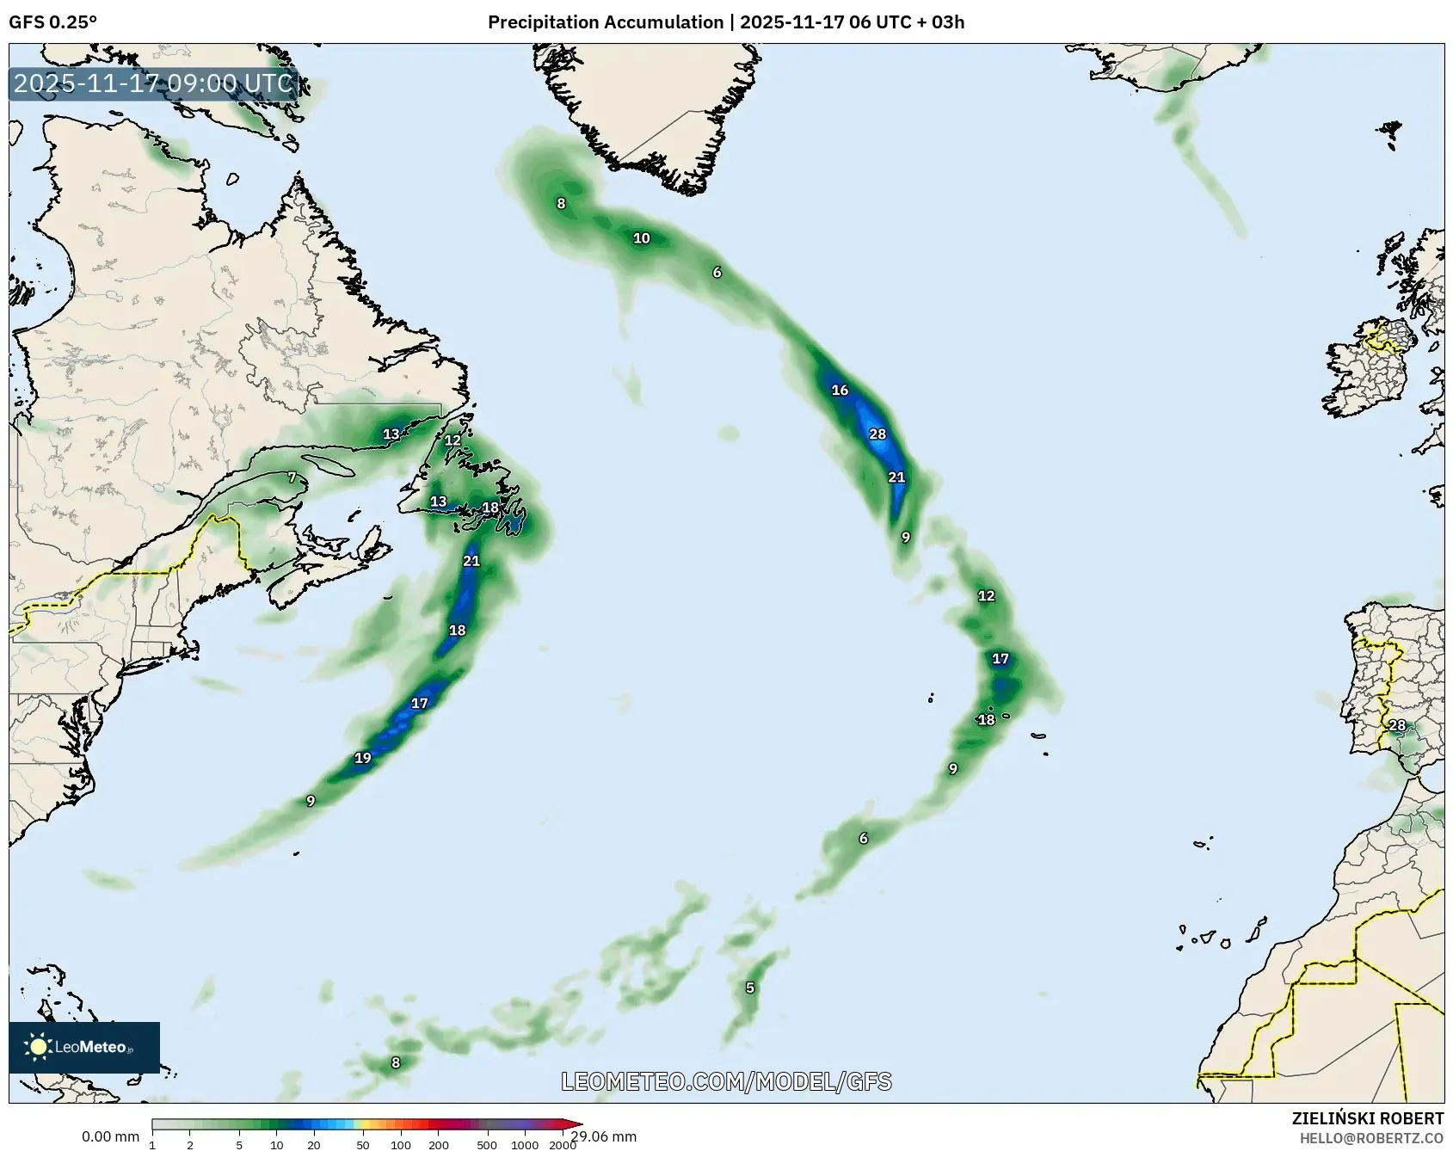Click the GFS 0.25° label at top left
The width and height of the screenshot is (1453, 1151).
tap(52, 22)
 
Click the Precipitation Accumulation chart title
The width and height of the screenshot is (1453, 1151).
tap(725, 22)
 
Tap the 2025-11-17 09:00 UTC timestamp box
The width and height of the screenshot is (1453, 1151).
tap(153, 83)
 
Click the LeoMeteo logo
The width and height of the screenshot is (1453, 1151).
tap(83, 1047)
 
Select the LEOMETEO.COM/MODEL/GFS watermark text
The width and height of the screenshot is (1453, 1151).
tap(726, 1081)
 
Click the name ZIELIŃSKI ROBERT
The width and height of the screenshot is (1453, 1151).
tap(1367, 1118)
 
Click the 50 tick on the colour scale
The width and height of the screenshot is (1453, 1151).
tap(362, 1145)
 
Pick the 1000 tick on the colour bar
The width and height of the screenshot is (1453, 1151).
tap(525, 1145)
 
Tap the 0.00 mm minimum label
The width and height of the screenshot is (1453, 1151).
tap(110, 1136)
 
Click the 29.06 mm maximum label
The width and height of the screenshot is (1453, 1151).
tap(604, 1136)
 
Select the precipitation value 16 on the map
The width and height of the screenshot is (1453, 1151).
tap(840, 391)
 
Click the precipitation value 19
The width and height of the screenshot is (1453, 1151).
tap(363, 758)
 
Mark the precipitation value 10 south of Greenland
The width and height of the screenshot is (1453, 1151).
tap(642, 238)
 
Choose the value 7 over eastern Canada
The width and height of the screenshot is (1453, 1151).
tap(292, 477)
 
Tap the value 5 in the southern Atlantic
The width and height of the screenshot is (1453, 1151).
tap(750, 988)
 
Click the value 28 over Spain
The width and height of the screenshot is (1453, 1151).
tap(1397, 725)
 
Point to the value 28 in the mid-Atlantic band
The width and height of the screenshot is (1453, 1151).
tap(877, 434)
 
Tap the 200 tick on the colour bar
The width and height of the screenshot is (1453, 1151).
tap(439, 1145)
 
